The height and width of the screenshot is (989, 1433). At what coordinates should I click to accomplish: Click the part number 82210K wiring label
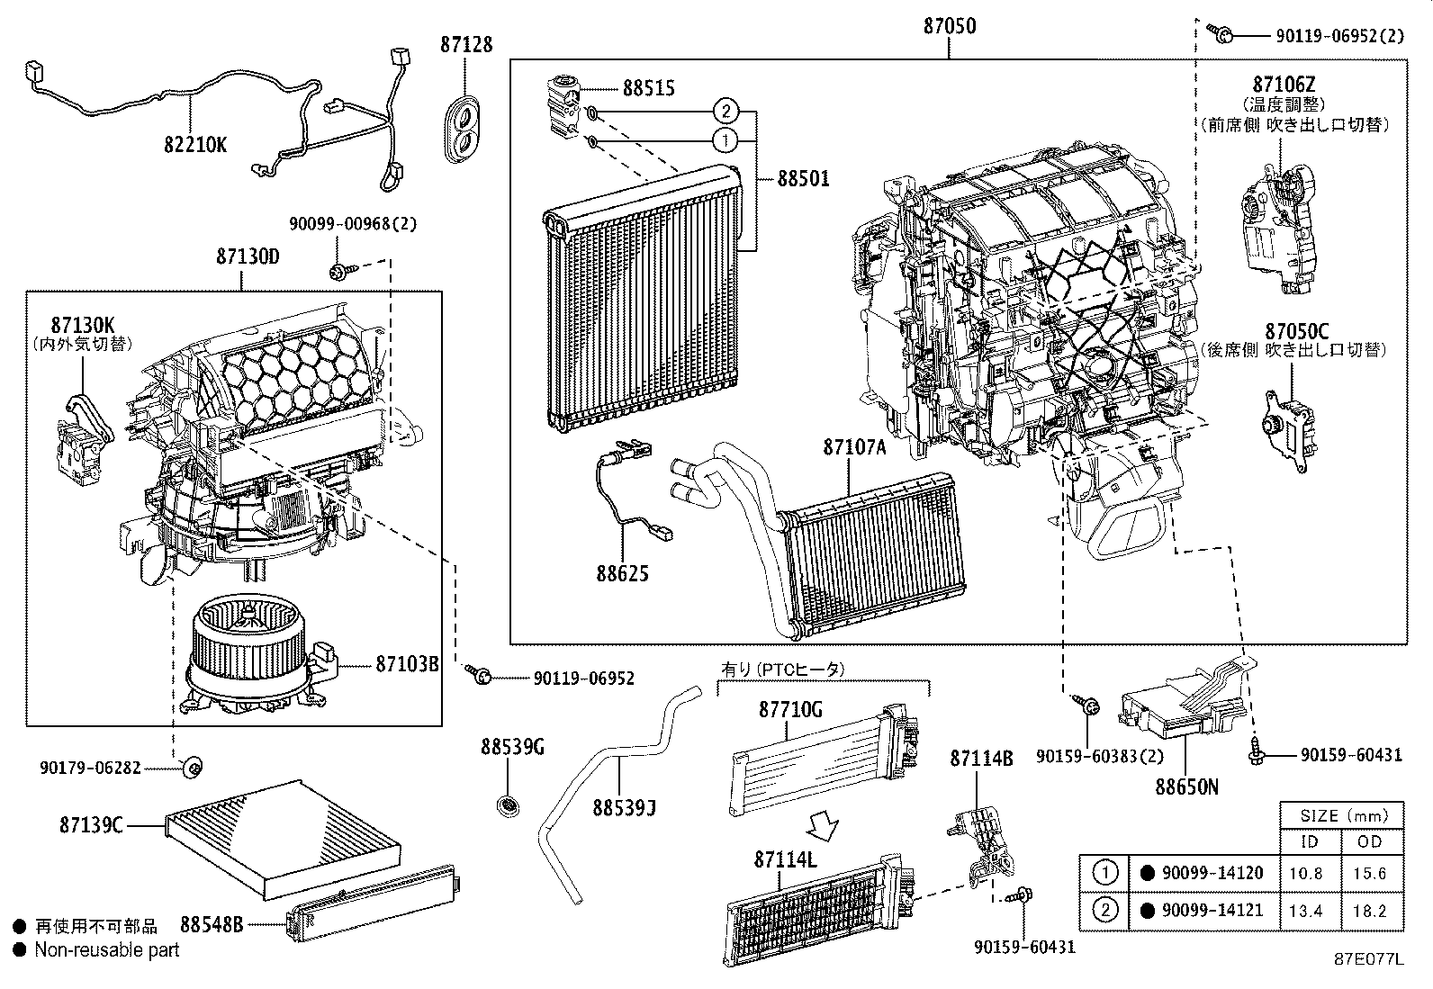click(x=195, y=144)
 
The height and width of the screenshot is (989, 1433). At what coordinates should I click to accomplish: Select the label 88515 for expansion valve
click(x=648, y=88)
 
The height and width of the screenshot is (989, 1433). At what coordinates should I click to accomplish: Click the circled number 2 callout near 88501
click(x=726, y=112)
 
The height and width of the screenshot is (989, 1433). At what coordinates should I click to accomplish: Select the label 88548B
click(x=212, y=924)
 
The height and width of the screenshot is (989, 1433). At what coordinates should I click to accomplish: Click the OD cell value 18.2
click(x=1369, y=911)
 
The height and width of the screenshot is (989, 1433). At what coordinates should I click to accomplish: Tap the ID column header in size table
click(x=1310, y=841)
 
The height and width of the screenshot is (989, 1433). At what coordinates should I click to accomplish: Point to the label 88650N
click(x=1186, y=787)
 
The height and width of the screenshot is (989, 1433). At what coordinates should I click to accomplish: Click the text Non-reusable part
click(x=107, y=949)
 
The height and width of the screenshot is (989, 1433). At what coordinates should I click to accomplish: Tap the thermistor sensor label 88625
click(x=621, y=574)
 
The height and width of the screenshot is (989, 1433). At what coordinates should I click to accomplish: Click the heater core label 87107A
click(x=853, y=447)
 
